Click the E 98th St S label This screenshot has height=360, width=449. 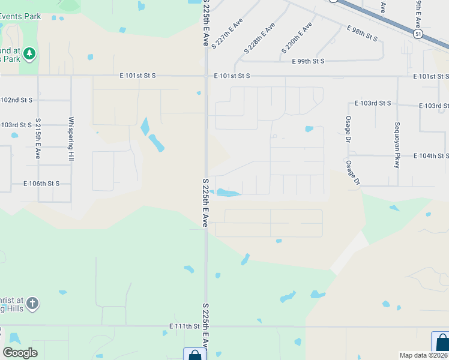(363, 33)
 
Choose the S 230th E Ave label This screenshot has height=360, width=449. (297, 37)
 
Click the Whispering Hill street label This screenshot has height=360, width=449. (71, 138)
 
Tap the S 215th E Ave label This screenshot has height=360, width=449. (38, 138)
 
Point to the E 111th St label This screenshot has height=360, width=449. (184, 326)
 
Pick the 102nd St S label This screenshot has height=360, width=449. (16, 99)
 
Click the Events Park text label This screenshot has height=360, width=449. (20, 16)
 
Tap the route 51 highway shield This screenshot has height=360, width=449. (417, 35)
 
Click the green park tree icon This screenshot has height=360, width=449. (29, 55)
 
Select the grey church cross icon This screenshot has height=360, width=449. (32, 303)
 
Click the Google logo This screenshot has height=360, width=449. (20, 353)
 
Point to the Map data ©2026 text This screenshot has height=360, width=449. (424, 355)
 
